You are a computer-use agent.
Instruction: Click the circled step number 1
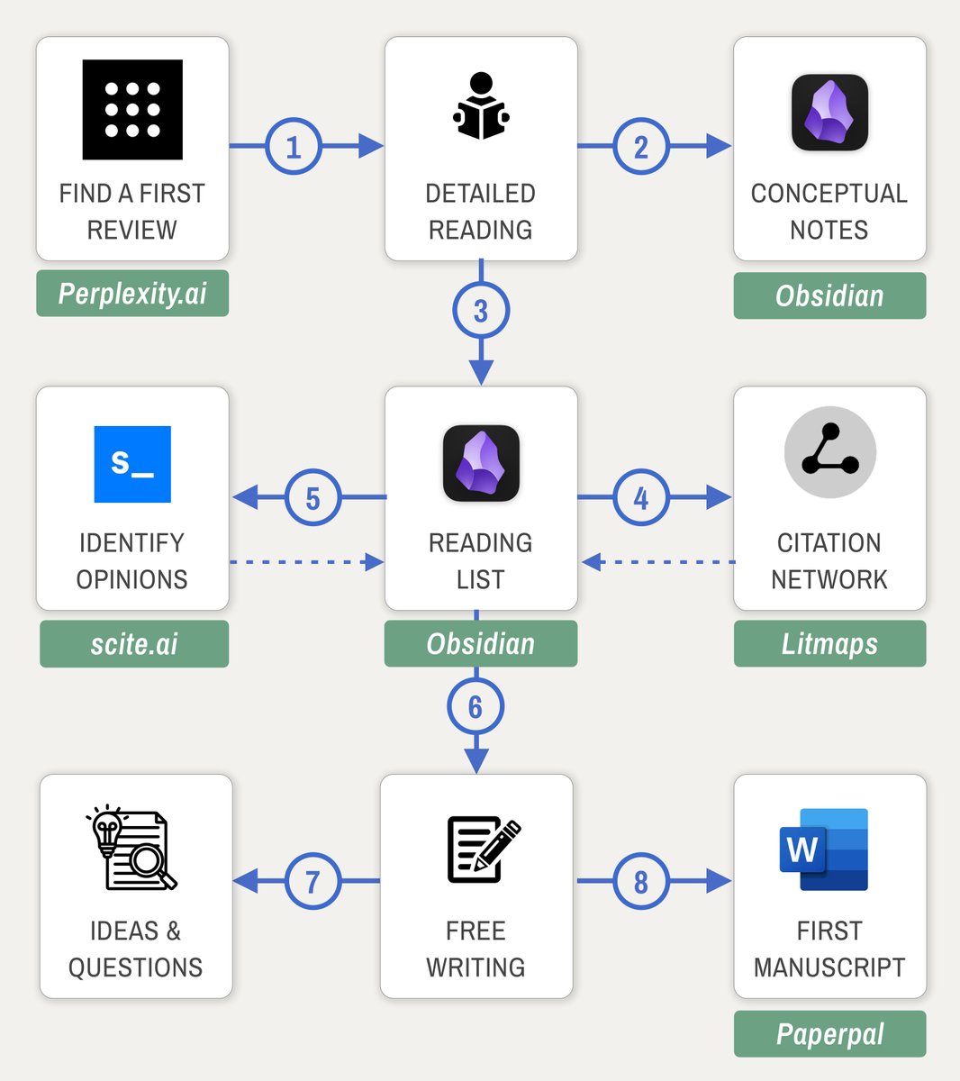tap(294, 146)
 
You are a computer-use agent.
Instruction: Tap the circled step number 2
tap(641, 146)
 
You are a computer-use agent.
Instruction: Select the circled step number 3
tap(481, 311)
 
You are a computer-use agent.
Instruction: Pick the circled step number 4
tap(641, 497)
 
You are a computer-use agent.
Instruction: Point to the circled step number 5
tap(312, 497)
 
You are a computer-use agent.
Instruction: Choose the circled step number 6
tap(475, 707)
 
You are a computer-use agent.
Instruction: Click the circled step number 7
tap(312, 881)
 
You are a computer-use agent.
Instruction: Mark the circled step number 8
tap(641, 881)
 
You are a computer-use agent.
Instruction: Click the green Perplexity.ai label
tap(132, 294)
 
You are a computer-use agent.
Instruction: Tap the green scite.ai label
tap(134, 644)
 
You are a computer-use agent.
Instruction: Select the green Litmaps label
tap(829, 644)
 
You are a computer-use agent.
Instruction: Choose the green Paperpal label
tap(829, 1034)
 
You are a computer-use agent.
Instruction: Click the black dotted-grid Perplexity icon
tap(132, 110)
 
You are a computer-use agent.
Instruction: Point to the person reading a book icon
tap(481, 106)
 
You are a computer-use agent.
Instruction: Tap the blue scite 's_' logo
tap(132, 464)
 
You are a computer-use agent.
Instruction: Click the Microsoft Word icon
tap(824, 849)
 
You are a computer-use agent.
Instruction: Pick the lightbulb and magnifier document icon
tap(132, 849)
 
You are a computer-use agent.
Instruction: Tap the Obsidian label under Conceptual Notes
tap(829, 295)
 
